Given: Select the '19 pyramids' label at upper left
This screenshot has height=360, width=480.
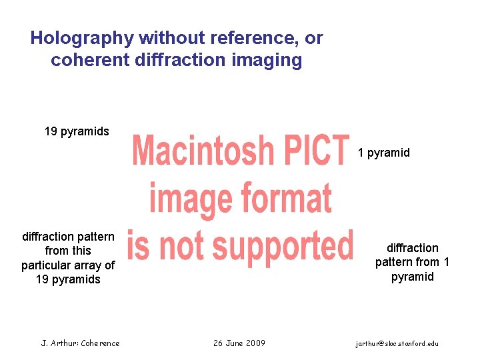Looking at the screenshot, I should click(77, 131).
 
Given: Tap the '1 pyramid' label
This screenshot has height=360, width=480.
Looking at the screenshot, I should click(384, 153).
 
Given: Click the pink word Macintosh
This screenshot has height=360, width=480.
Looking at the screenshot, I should click(203, 152).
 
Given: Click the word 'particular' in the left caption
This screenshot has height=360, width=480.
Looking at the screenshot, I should click(47, 265).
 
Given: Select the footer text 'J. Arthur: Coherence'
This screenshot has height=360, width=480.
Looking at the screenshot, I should click(80, 343).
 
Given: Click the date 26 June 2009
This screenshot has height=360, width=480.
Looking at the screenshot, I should click(239, 343).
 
